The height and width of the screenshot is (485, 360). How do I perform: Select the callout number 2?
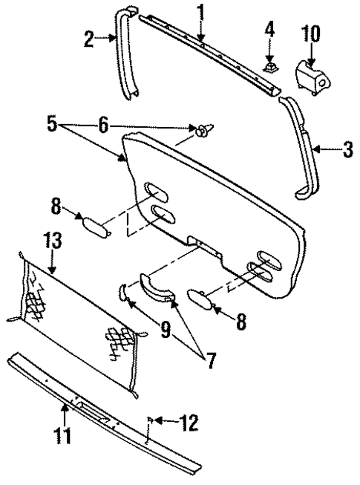click(x=90, y=39)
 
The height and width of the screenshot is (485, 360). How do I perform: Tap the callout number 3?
click(x=347, y=150)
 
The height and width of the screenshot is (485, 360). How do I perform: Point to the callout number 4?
click(x=270, y=32)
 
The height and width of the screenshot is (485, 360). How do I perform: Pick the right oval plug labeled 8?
click(x=201, y=299)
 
